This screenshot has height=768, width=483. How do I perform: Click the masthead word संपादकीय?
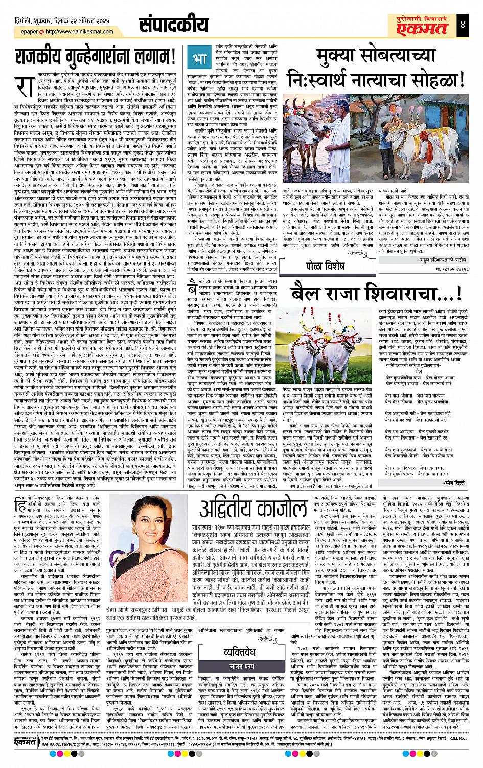[174, 25]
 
